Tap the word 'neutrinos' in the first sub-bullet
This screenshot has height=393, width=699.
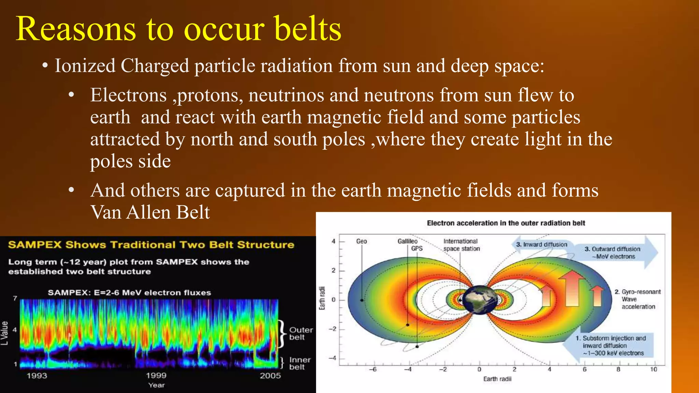point(286,95)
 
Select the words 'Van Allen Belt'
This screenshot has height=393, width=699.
point(150,212)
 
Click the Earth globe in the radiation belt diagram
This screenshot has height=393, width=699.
point(480,300)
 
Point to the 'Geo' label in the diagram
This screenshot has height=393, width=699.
point(361,241)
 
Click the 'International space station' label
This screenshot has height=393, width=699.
point(461,245)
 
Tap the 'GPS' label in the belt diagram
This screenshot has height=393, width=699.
point(417,249)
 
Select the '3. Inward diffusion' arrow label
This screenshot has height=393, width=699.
point(542,245)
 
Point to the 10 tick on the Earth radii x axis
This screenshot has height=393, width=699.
point(653,369)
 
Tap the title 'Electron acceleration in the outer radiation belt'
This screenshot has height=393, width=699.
point(506,223)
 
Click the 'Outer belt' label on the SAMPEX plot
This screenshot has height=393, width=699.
point(301,333)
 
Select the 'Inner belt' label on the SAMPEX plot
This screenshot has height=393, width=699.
point(300,363)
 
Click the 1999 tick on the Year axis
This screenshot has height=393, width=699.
point(156,376)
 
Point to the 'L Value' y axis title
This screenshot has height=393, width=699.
point(4,333)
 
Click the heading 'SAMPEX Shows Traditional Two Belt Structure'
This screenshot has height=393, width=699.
point(151,245)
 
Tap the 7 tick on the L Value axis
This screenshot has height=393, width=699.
point(15,298)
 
